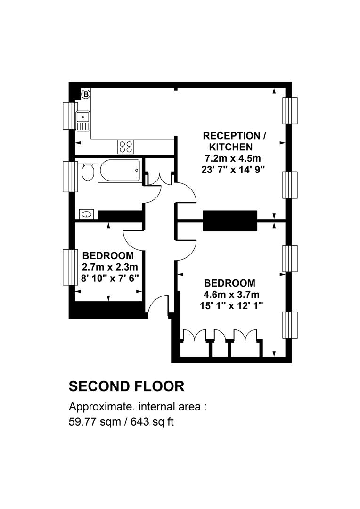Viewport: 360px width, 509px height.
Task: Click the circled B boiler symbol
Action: point(86,94)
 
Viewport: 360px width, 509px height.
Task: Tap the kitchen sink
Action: point(83,121)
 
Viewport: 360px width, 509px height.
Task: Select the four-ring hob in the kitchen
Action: point(126,146)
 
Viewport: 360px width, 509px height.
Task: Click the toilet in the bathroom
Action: point(88,172)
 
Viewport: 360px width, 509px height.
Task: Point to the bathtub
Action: point(120,171)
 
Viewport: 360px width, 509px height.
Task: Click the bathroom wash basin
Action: point(86,214)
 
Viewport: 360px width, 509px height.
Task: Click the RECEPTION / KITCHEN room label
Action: point(234,141)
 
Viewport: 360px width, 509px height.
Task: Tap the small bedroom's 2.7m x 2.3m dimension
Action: point(110,267)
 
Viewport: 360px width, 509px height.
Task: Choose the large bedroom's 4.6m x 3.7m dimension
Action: point(231,295)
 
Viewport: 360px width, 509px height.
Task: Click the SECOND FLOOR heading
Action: point(127,386)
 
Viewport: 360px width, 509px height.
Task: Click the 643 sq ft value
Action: point(152,422)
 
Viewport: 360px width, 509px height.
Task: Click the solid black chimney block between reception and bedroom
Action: point(230,221)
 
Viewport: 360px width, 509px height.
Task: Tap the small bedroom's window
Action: point(70,267)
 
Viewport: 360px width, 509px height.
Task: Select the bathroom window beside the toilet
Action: point(70,177)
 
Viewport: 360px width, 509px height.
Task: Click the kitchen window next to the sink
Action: point(70,116)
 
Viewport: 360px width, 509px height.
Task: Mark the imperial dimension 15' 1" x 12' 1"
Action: point(231,306)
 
